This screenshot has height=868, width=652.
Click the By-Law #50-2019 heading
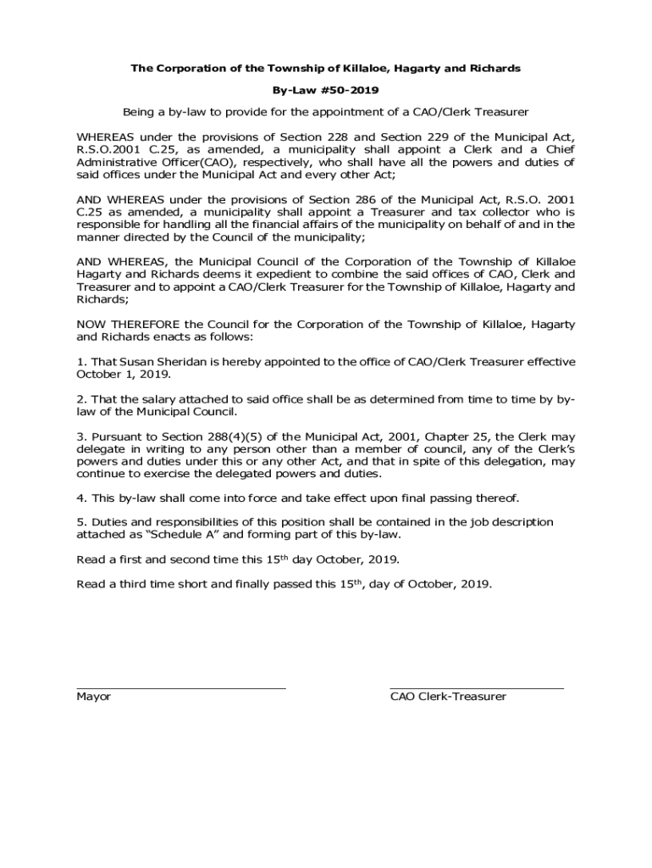[325, 89]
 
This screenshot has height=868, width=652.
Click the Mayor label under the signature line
[93, 697]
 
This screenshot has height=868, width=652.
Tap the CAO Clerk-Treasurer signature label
[448, 697]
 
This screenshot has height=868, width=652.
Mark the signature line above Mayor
[180, 687]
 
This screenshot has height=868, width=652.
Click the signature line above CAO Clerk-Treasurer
[476, 687]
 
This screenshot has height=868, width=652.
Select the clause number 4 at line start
[80, 498]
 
